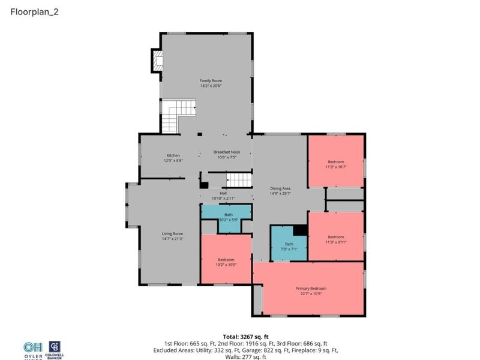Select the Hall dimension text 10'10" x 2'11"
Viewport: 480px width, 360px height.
point(223,198)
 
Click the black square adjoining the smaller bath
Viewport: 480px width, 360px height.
point(299,230)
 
